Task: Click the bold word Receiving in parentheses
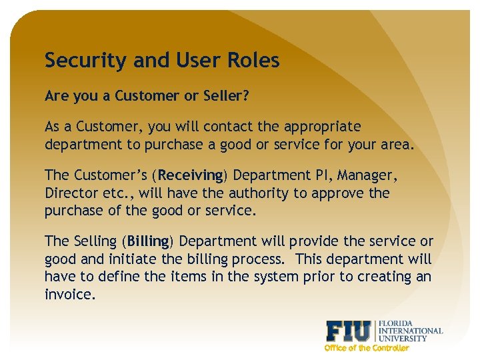pos(191,175)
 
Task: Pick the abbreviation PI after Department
pos(323,175)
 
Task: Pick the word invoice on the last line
pos(70,294)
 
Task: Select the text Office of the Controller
pos(366,348)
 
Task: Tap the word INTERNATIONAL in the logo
pos(410,331)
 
